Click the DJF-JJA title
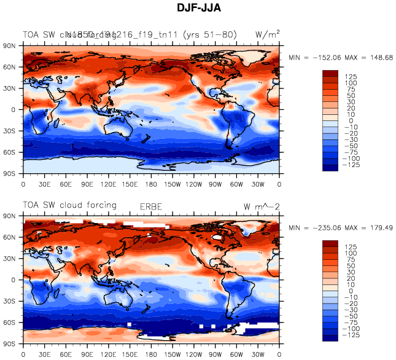point(197,8)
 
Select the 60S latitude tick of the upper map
point(12,152)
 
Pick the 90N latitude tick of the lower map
point(12,216)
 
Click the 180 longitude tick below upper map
point(152,184)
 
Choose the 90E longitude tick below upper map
point(87,184)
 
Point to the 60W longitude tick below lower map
point(237,354)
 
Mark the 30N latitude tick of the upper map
point(12,88)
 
